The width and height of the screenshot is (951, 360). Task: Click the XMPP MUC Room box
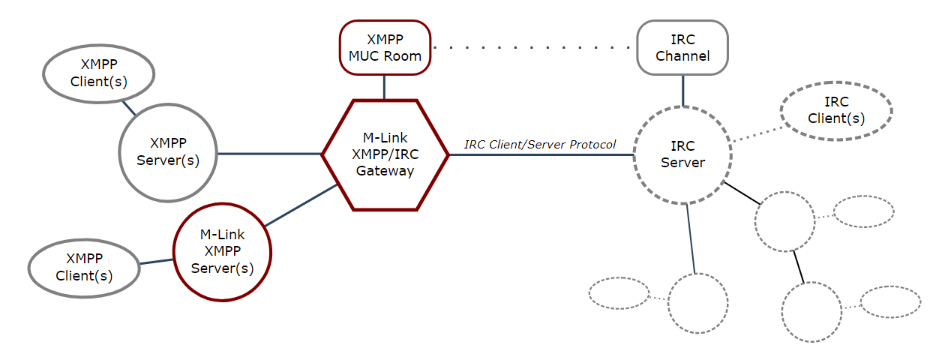click(x=385, y=46)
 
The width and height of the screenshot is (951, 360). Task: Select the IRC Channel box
click(x=682, y=46)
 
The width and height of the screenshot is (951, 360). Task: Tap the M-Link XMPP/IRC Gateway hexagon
click(x=385, y=154)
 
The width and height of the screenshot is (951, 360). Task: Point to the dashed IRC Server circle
click(x=682, y=154)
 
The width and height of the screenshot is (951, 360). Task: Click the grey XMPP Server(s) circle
click(x=168, y=152)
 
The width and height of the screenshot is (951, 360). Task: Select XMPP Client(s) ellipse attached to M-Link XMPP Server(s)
click(x=84, y=268)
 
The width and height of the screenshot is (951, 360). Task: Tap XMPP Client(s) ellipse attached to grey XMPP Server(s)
click(x=98, y=74)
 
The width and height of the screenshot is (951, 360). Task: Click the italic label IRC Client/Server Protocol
click(x=540, y=144)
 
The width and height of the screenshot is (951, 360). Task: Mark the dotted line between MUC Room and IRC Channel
click(x=532, y=47)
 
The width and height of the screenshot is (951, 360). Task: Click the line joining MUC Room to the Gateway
click(x=385, y=86)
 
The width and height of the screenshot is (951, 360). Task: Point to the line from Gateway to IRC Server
click(x=540, y=154)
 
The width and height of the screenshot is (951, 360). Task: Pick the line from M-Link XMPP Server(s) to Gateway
click(x=300, y=205)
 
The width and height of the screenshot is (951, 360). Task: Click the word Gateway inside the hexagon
click(x=385, y=171)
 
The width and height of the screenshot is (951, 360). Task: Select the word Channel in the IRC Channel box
click(x=682, y=55)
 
